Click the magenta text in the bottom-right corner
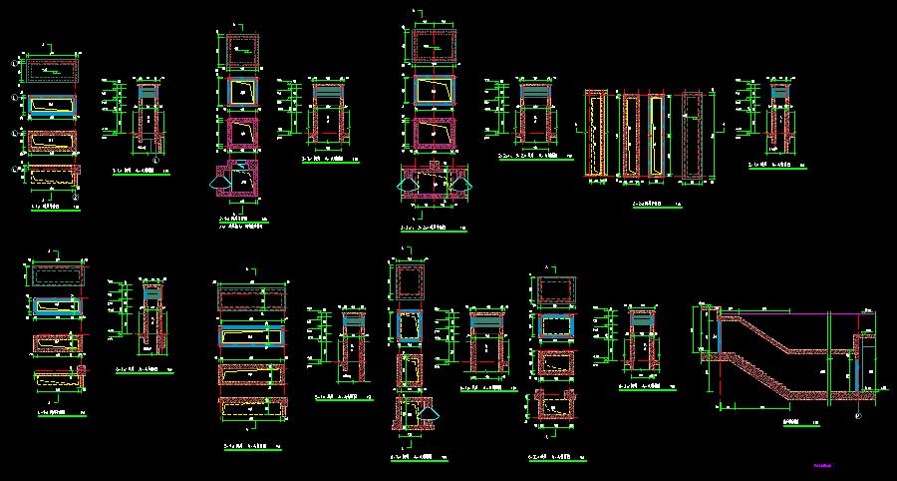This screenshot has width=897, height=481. [822, 465]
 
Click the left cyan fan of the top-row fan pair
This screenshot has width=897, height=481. [404, 184]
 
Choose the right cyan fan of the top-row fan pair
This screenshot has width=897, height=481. [459, 184]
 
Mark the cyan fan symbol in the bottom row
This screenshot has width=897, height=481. [430, 412]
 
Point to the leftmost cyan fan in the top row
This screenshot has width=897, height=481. [219, 181]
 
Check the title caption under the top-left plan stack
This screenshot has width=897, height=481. [48, 207]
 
